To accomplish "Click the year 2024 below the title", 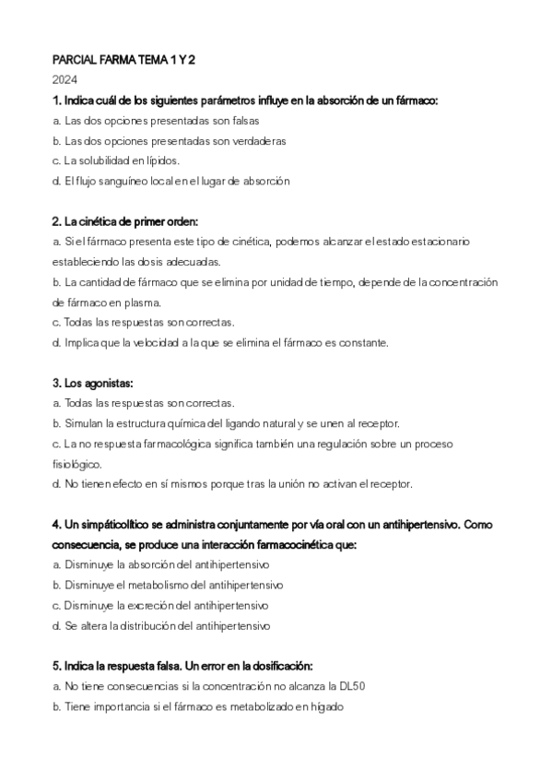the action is pos(65,80).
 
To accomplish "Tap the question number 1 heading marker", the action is pos(57,100).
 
